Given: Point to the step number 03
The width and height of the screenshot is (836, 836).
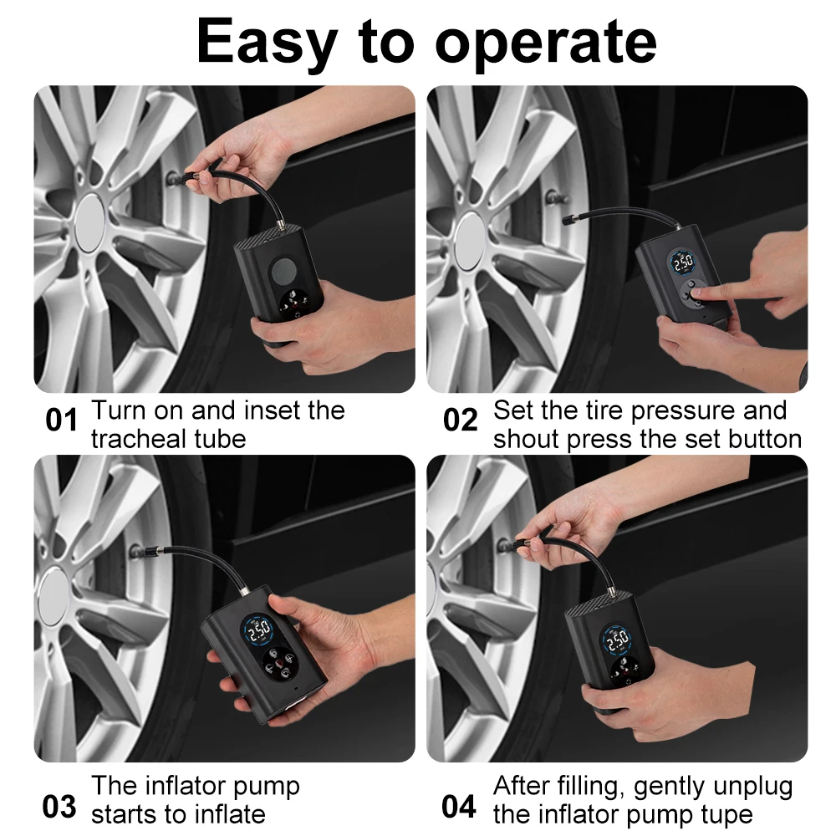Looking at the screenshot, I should [59, 807].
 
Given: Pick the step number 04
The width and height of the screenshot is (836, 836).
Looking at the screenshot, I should [459, 807].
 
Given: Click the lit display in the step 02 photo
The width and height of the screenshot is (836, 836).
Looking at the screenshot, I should [683, 262].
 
